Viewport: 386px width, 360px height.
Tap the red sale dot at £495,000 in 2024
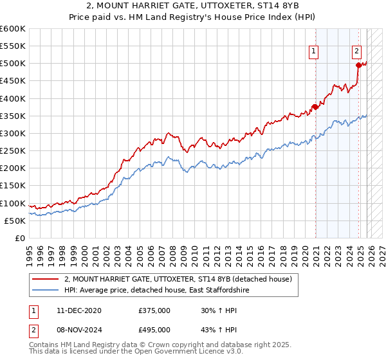[358, 65]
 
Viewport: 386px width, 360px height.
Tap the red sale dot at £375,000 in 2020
[315, 107]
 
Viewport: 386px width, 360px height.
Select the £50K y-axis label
[15, 221]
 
